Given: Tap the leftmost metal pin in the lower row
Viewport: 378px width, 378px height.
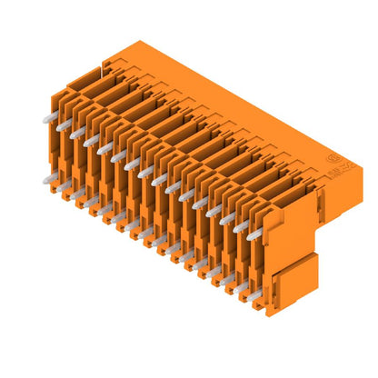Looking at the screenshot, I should (48, 180).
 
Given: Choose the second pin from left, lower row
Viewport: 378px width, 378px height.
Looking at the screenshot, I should (63, 188).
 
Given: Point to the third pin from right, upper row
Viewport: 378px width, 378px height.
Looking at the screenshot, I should (224, 217).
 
